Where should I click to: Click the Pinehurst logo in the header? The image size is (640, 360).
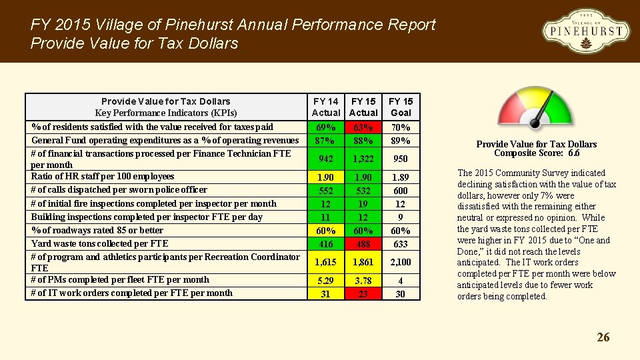coord(585,31)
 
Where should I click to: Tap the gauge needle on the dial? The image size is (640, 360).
coord(544,111)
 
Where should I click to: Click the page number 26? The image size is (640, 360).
coord(603,337)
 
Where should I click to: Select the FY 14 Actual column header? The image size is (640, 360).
coord(326,107)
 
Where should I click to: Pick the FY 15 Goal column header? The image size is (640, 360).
coord(401,107)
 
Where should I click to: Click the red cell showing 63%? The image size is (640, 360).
coord(363,127)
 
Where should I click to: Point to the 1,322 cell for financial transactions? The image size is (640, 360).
coord(363,159)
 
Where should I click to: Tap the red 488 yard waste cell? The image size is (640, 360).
coord(363,244)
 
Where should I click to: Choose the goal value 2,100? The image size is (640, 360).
coord(401,263)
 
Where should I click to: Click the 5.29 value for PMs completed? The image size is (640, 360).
coord(326,281)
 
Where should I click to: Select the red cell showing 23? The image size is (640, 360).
coord(363,293)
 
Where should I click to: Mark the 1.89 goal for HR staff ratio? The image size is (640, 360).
coord(401,177)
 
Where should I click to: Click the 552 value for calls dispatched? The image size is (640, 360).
coord(326,190)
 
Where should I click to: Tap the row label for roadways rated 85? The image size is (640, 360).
coord(97,230)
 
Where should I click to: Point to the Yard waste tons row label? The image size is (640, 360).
coord(100,243)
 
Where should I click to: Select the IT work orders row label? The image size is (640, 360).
coord(132,293)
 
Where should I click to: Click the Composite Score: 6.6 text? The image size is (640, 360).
coord(536,153)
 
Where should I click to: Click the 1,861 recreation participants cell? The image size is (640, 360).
coord(363,263)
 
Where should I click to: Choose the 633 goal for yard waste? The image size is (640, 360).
coord(401,244)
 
